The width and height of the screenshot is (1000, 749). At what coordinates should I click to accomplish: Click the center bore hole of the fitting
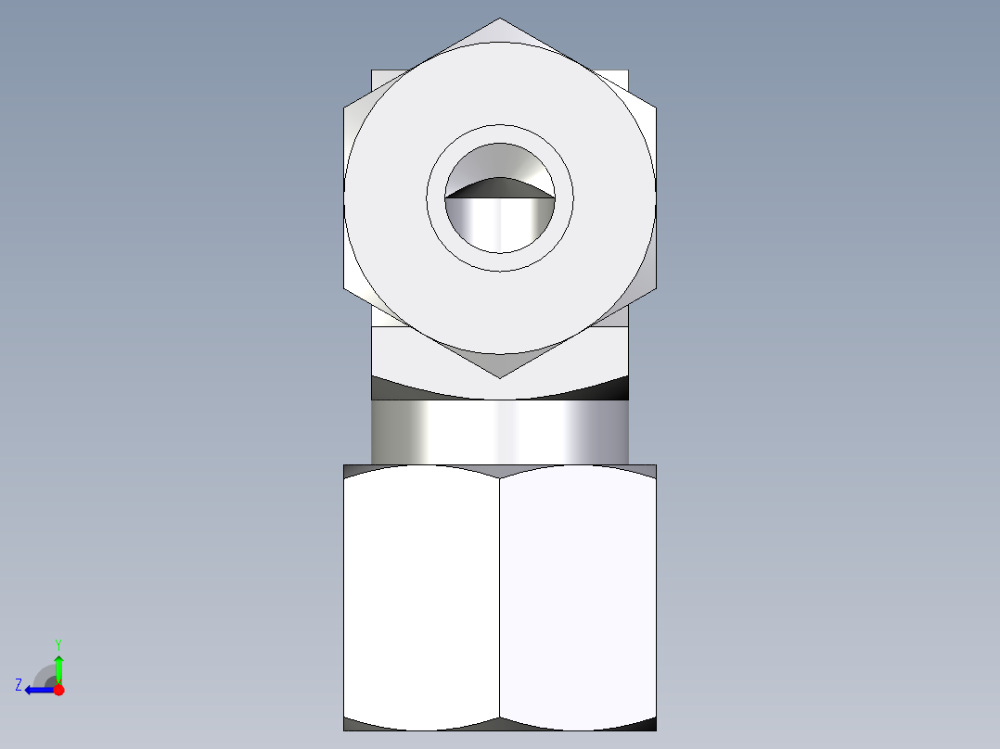coord(500,222)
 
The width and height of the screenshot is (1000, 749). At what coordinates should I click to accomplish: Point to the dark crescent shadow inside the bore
coord(500,188)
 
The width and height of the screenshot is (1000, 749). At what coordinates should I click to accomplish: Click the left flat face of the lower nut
coord(421,598)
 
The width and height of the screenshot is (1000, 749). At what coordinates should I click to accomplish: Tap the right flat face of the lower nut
coord(578,598)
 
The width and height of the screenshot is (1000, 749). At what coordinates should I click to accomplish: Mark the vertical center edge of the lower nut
coord(500,598)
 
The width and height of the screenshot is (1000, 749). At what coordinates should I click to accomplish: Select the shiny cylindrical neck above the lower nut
coord(500,432)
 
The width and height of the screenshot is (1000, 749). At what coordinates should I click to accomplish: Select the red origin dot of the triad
coord(58,690)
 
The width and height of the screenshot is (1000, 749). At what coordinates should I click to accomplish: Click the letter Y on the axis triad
coord(58,643)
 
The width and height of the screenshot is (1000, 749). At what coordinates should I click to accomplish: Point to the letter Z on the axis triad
coord(19,685)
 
